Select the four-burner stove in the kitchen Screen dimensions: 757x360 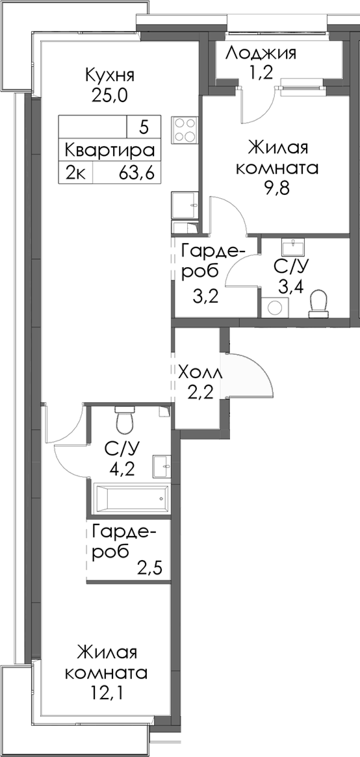coord(185,129)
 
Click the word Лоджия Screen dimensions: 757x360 coord(261,53)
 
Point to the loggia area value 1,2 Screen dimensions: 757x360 coord(261,73)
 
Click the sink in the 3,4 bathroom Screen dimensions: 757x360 coord(293,248)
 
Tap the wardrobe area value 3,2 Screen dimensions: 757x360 coord(205,298)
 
